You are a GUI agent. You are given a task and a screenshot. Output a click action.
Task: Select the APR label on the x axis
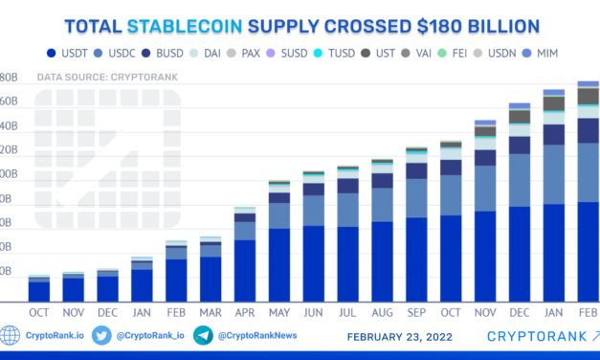[245, 313]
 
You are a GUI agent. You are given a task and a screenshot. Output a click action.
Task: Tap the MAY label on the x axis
[279, 313]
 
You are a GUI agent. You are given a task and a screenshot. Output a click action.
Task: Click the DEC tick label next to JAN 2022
[520, 313]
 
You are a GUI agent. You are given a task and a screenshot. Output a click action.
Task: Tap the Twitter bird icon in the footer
[102, 336]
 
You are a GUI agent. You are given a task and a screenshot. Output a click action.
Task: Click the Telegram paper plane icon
[202, 336]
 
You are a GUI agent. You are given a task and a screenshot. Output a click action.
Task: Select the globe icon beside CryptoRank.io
[10, 336]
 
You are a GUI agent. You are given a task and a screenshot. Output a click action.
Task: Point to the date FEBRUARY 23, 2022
[399, 337]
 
